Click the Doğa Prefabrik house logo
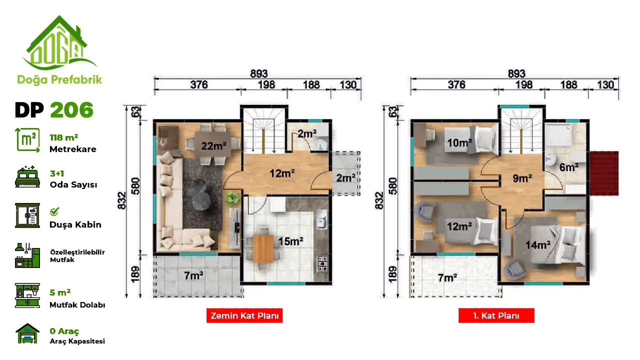coord(59,43)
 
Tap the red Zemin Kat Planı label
coord(244,315)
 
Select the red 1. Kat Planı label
coord(496,315)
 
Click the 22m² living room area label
coord(213,146)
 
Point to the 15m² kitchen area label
coord(290,241)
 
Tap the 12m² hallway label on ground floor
coord(282,173)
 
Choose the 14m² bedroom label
coord(538,245)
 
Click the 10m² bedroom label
coord(459,142)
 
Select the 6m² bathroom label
coord(569,167)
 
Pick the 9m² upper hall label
coord(522,178)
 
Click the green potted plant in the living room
coord(232,197)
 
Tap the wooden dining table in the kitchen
coord(263,248)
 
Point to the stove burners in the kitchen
coord(322,263)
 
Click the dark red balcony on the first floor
coord(604,173)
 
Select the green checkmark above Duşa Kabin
coord(54,211)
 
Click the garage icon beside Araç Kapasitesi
coord(27,333)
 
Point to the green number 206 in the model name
coord(71,109)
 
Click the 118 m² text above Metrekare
coord(63,137)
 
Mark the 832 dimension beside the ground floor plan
coord(121,200)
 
